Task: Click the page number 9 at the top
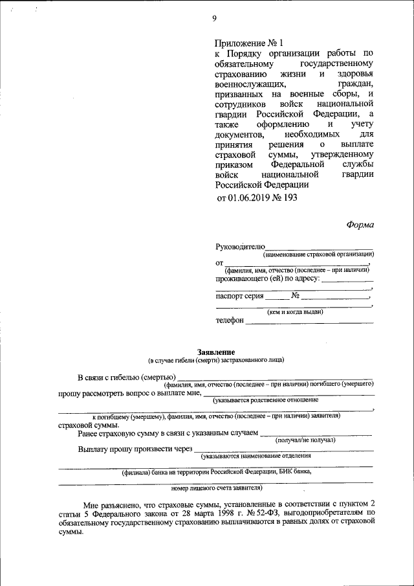tap(214, 18)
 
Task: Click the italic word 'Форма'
tap(360, 225)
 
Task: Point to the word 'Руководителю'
tap(240, 247)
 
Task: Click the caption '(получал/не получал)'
tap(305, 440)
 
